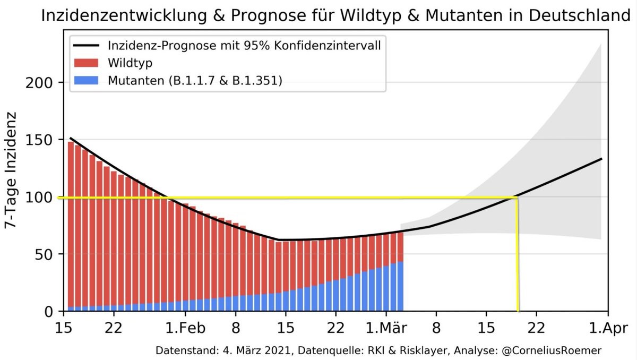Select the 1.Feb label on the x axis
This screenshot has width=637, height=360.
pyautogui.click(x=185, y=327)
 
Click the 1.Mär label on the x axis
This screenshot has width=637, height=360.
pyautogui.click(x=387, y=327)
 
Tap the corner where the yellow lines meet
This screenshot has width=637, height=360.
pyautogui.click(x=517, y=198)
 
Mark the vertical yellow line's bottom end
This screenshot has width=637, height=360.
pyautogui.click(x=518, y=310)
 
